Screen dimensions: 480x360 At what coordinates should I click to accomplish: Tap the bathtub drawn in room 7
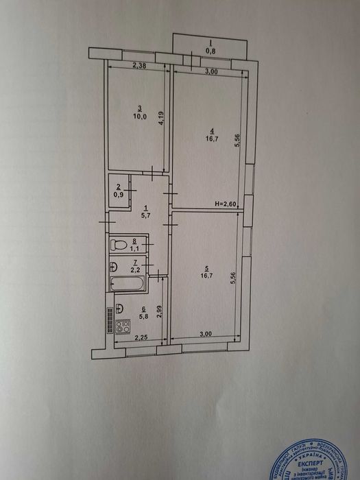point(127,284)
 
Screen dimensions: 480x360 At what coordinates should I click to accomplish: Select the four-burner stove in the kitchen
point(123,327)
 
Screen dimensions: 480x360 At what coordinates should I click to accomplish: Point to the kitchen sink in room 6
point(119,308)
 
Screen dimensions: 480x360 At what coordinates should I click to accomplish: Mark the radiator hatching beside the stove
point(109,321)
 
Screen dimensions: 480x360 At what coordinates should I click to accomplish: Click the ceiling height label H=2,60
point(226,204)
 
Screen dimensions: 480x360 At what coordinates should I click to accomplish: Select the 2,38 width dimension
point(139,66)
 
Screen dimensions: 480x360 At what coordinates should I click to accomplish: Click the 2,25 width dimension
point(141,337)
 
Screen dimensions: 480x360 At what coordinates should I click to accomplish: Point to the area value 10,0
point(139,117)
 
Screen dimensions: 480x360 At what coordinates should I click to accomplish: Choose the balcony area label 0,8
point(210,50)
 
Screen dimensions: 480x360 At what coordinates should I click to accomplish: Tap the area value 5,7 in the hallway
point(145,216)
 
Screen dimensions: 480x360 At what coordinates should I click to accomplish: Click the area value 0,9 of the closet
point(119,194)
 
